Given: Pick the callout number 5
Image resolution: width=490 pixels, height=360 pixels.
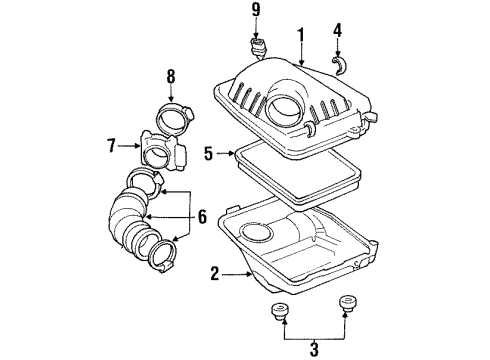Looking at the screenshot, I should [209, 154].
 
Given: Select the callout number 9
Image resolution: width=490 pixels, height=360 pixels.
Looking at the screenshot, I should [255, 14].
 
